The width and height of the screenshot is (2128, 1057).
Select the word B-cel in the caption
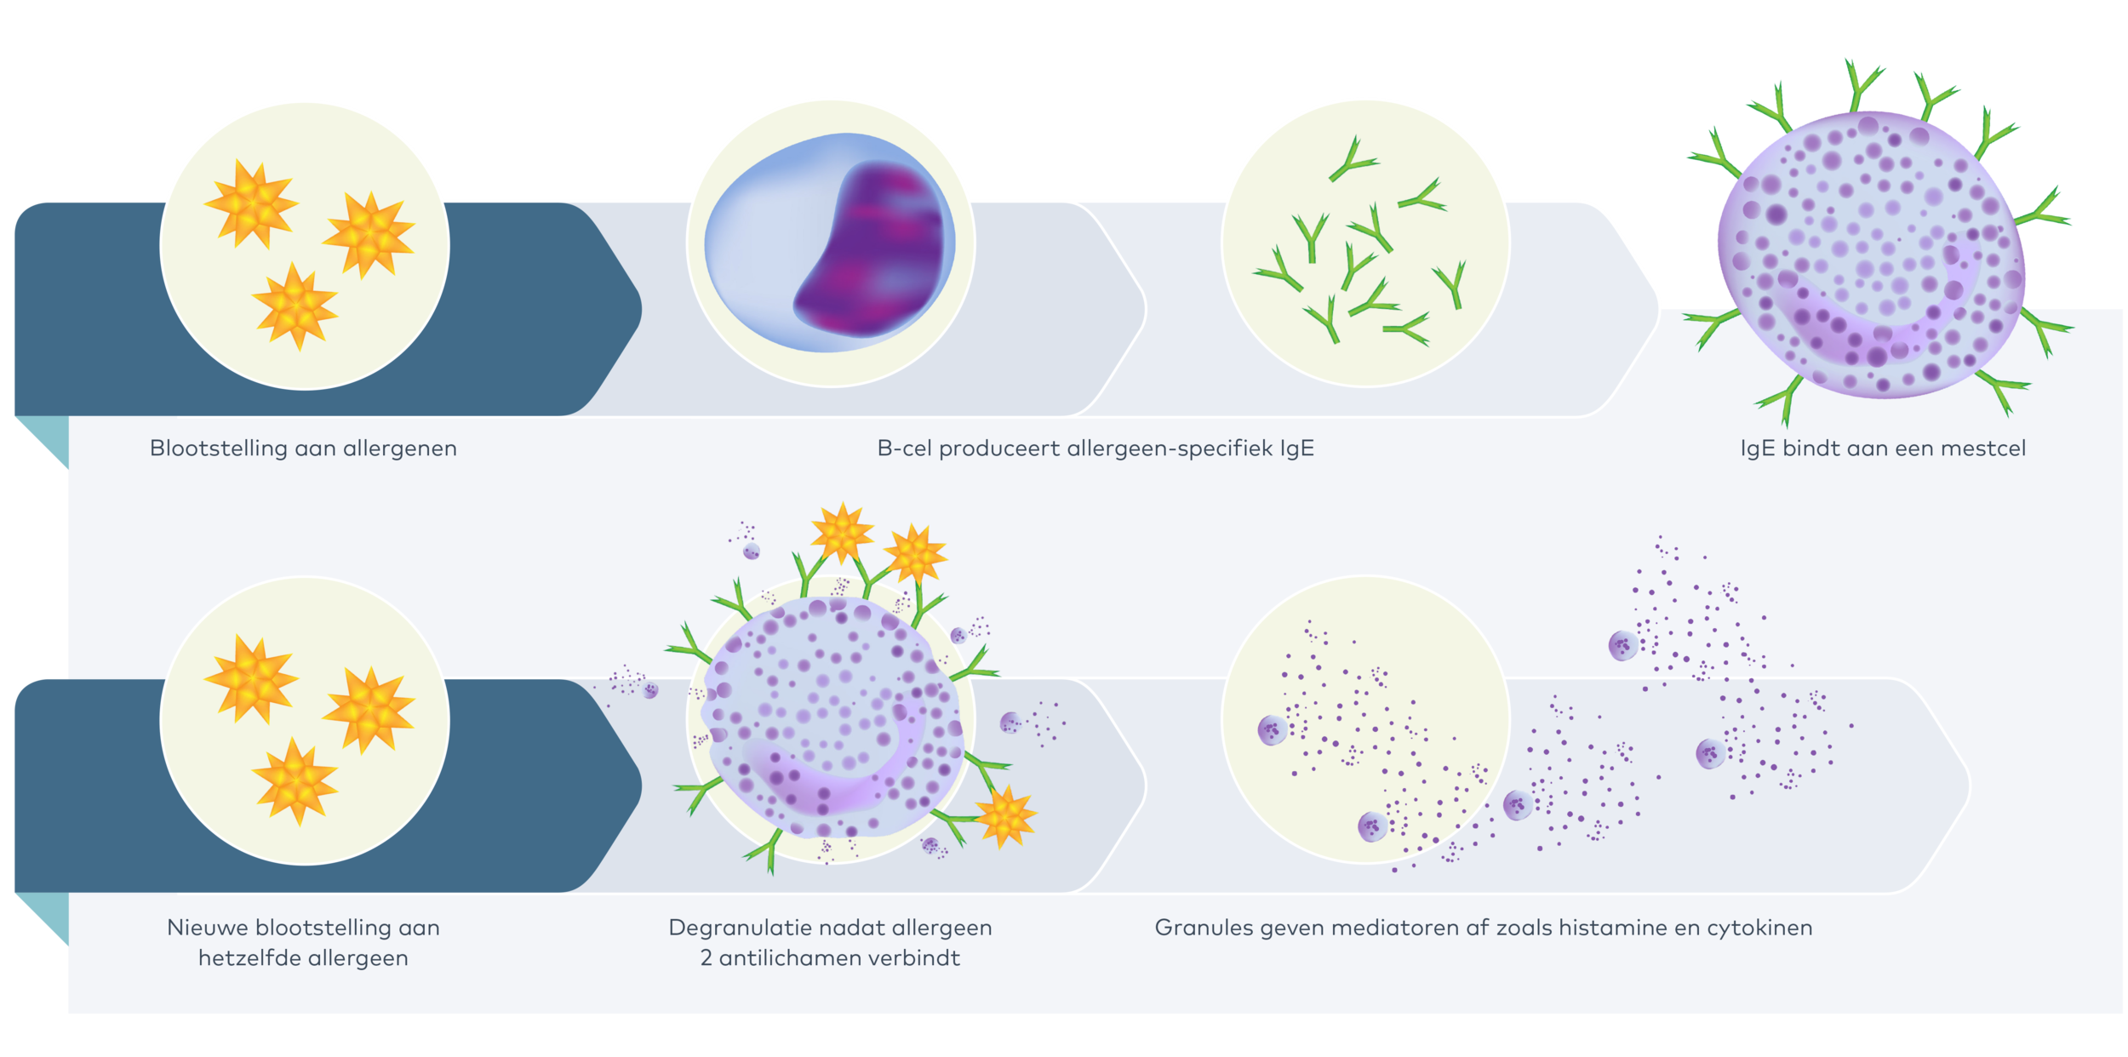904,449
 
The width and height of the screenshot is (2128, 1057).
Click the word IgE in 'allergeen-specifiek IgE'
1296,449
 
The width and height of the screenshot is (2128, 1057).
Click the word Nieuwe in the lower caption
207,928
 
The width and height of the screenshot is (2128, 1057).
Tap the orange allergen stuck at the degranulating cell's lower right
1006,815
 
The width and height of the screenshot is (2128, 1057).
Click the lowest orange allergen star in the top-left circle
295,306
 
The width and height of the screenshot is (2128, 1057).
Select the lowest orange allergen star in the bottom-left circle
295,781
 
